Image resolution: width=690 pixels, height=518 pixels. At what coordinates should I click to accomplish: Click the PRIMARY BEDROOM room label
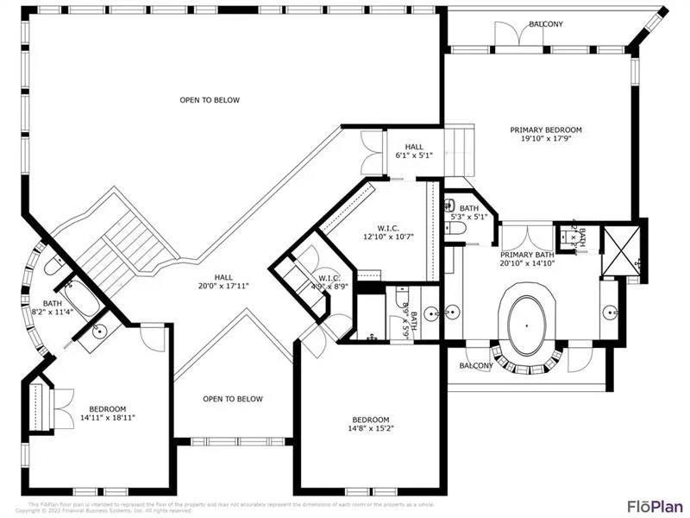[x=551, y=134]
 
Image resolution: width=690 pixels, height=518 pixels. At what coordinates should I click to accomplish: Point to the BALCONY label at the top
[x=546, y=24]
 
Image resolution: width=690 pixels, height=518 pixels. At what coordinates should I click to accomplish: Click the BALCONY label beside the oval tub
[x=476, y=365]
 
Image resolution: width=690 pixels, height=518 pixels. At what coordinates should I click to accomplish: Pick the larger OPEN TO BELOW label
[x=210, y=100]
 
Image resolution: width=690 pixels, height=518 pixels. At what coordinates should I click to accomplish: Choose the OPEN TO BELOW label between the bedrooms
[x=233, y=399]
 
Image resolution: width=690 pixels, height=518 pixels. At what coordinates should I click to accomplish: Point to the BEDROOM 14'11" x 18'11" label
[x=108, y=413]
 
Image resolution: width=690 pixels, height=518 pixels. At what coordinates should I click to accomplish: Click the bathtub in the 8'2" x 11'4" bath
[x=77, y=298]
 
